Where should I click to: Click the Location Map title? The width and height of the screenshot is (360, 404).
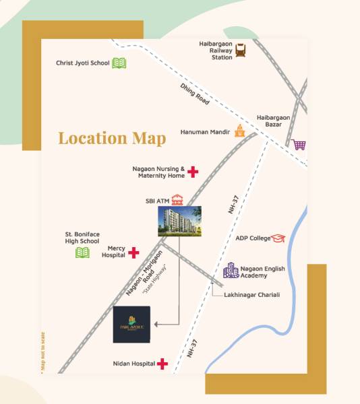click(112, 138)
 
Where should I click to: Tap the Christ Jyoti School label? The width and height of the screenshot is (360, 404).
click(82, 63)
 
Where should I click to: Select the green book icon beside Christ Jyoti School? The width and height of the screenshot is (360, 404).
click(119, 63)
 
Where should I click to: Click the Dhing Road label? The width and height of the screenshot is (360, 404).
click(195, 94)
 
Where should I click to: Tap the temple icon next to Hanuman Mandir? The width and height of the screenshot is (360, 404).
click(239, 132)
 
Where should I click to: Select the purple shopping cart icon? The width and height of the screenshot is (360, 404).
click(297, 144)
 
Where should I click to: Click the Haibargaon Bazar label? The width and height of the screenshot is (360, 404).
click(273, 121)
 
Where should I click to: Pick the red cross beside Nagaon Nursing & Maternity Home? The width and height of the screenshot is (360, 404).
click(193, 172)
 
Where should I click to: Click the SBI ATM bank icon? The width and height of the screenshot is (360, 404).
click(177, 200)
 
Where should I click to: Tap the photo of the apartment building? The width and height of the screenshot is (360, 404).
click(179, 221)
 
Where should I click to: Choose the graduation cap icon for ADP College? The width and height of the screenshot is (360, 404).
click(279, 238)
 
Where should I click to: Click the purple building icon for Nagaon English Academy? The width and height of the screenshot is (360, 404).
click(231, 271)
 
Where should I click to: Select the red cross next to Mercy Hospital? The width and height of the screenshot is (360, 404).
click(133, 252)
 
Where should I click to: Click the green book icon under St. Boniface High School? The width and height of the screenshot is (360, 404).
click(82, 252)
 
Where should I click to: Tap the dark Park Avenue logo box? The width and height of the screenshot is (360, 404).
click(132, 325)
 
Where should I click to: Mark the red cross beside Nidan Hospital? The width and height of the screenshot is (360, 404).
click(162, 364)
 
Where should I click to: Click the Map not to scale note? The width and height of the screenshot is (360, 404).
click(43, 353)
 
